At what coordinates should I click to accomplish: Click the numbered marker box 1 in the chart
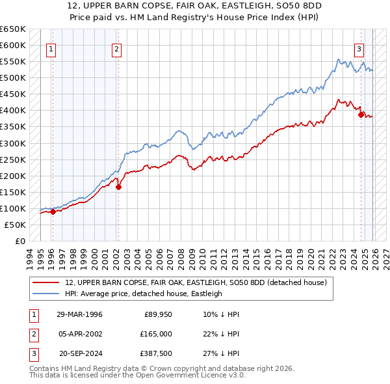[51, 48]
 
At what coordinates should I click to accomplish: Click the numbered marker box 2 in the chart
[116, 48]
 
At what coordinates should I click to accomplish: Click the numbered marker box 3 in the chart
[358, 48]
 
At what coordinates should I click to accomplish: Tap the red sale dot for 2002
[118, 187]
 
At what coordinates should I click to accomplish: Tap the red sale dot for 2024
[361, 115]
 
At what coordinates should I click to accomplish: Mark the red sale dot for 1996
[53, 212]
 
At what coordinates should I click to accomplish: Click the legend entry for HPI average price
[144, 294]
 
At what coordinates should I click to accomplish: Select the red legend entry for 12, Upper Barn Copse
[199, 282]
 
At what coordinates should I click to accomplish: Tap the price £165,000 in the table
[156, 333]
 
